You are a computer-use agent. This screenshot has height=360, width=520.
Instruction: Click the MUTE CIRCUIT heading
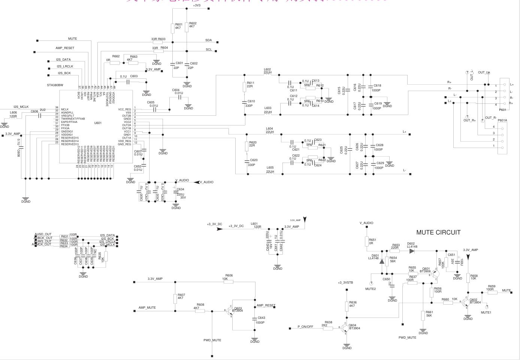point(438,232)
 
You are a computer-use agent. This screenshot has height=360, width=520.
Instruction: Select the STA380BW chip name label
point(55,85)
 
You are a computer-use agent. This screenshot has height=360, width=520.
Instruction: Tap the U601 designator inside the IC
point(98,123)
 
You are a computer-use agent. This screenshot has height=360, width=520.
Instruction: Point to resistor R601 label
point(179,24)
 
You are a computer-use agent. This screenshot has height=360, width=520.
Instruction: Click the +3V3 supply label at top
point(197,6)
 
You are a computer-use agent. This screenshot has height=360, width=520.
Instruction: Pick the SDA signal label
point(208,40)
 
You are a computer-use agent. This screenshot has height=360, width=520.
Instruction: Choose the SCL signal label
point(209,49)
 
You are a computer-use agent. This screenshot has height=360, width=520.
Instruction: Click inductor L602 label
point(267,69)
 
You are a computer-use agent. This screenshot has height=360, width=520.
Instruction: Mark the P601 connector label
point(502,110)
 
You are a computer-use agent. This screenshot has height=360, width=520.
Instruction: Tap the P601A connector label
point(502,121)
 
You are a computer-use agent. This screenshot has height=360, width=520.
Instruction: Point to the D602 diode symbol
point(412,251)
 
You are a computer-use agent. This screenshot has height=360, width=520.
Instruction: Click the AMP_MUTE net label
point(147,308)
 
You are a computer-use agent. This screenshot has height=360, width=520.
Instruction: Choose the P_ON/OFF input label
point(305,327)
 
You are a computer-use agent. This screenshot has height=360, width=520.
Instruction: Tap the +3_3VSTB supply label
point(345,282)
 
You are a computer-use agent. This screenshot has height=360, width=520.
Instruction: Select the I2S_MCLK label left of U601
point(21,107)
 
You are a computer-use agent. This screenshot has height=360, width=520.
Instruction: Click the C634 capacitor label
point(181,189)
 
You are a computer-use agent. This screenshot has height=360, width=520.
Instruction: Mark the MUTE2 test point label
point(370,289)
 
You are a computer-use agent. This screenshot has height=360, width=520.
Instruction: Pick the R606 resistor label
point(229,275)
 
